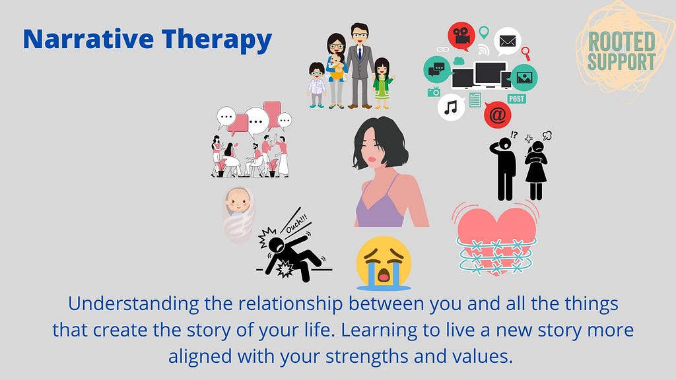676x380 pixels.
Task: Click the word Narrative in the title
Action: coord(88,39)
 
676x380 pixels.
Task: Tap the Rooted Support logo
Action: coord(622,51)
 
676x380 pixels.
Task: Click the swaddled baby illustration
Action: coord(238,214)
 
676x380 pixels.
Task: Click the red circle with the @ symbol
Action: coord(498,115)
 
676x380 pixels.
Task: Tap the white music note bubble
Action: coord(451,108)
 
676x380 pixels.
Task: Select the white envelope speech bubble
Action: coord(508,42)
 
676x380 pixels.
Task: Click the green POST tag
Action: coord(516,99)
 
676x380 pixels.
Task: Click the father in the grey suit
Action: coord(360,65)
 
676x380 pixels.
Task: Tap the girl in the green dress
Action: coord(382,83)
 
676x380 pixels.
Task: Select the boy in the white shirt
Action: coord(317,85)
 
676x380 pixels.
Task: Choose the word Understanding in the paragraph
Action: coord(133,304)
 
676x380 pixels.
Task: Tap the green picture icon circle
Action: coord(524,78)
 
